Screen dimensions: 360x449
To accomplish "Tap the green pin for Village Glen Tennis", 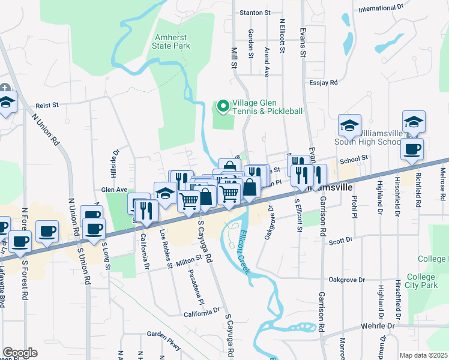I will pos(223,107).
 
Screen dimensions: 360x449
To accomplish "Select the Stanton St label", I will pos(255,12).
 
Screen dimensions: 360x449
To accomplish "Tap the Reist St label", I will pos(46,104).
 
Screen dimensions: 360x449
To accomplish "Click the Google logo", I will pos(20,353).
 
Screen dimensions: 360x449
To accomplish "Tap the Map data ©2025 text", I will pos(423,355).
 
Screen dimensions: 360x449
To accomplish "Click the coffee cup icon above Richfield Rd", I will pos(412,150).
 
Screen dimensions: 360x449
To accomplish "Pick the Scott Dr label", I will pos(340,241).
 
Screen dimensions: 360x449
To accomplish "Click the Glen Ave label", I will pos(114,190).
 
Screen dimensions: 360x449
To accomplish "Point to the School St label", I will pos(352,159).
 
